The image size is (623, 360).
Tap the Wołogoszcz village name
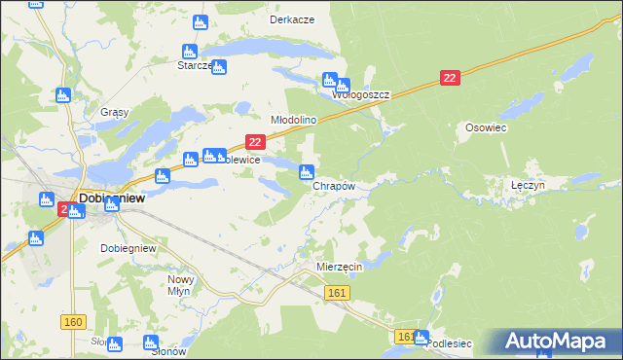[x=362, y=95]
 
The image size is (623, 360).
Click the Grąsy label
[x=115, y=112]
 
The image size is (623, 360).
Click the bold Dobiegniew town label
[x=112, y=197]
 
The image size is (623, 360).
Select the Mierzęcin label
[x=340, y=266]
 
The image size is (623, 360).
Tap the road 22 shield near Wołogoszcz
[x=449, y=78]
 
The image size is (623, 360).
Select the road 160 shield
[x=72, y=322]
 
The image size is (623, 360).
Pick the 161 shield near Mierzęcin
[x=338, y=292]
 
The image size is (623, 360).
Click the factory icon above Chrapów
[x=305, y=173]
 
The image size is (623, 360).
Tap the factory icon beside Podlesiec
[x=421, y=338]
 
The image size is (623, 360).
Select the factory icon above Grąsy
[x=63, y=94]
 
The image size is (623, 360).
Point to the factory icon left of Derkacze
[x=202, y=22]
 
